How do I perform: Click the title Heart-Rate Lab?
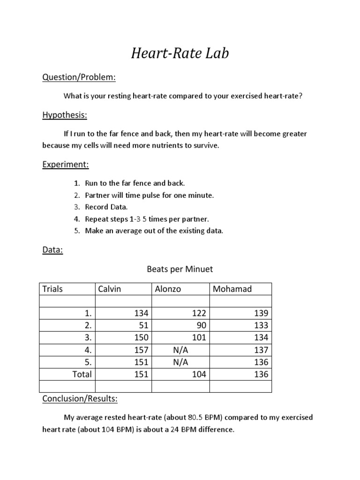(180, 53)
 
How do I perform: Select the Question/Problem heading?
(79, 77)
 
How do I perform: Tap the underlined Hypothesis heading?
(65, 115)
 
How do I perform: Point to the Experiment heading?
(66, 165)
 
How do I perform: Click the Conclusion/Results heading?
(80, 398)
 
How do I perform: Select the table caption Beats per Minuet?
(180, 269)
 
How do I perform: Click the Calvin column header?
(109, 289)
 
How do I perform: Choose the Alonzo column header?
(167, 289)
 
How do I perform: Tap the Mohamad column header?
(232, 289)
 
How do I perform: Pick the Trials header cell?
(52, 289)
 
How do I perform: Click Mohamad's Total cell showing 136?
(261, 374)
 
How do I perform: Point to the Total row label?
(82, 374)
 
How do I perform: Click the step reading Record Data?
(106, 207)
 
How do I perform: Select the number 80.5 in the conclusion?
(196, 417)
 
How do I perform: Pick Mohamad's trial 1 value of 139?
(261, 313)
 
